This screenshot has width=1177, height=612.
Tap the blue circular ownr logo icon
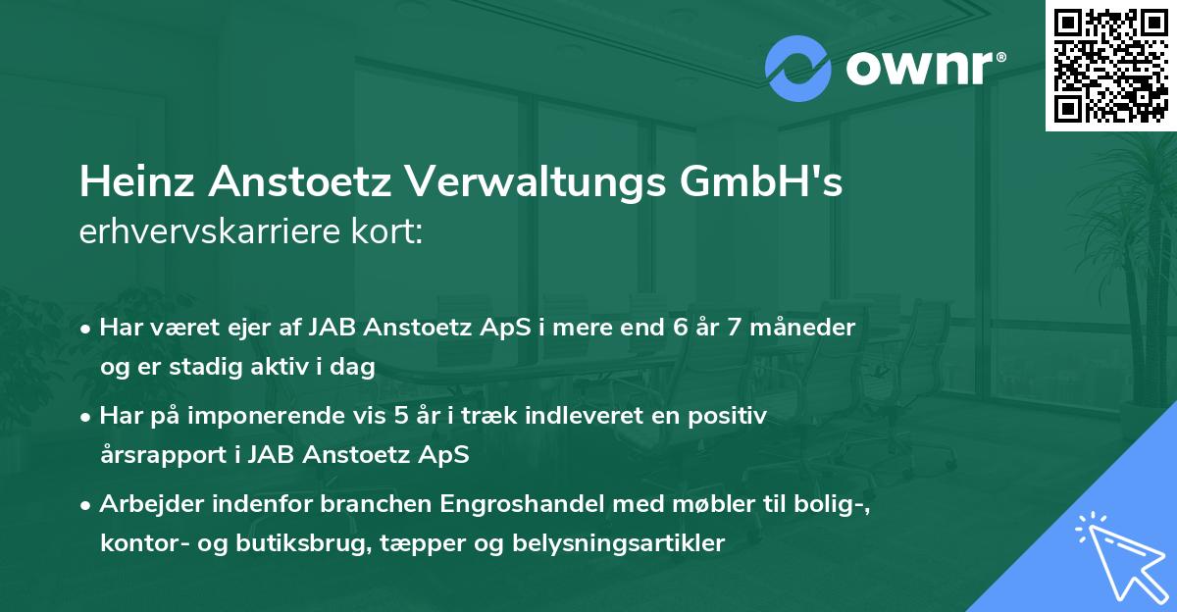(x=798, y=67)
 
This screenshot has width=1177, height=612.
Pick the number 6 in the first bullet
(x=680, y=327)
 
